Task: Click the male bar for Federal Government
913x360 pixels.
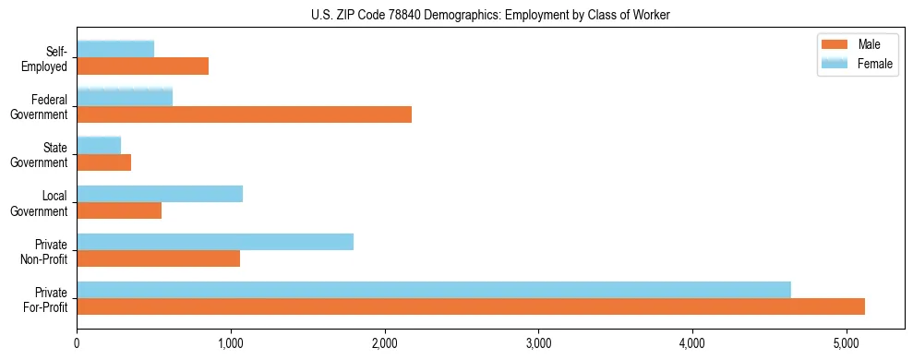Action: click(244, 114)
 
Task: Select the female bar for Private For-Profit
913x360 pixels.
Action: click(434, 290)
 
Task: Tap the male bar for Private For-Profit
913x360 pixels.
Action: click(471, 306)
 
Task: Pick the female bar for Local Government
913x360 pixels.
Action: click(160, 194)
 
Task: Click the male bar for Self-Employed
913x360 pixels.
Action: click(142, 66)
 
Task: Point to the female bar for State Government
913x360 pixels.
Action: click(99, 146)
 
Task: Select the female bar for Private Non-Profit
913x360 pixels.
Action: click(215, 242)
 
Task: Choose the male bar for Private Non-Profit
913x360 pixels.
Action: click(158, 258)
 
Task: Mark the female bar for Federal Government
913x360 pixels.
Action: click(125, 97)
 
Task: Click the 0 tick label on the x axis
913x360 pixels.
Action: click(77, 345)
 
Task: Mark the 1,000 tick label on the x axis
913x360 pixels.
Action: click(231, 345)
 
